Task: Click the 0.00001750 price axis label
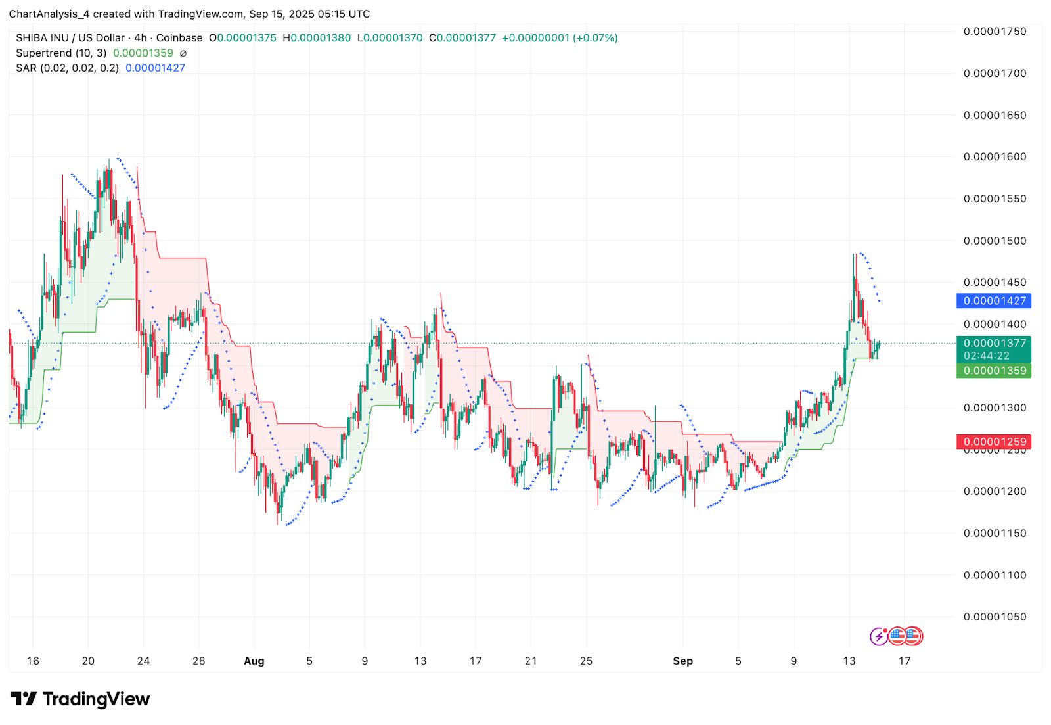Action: pyautogui.click(x=995, y=32)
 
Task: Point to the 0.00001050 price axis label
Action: pyautogui.click(x=995, y=617)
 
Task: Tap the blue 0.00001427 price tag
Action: pyautogui.click(x=994, y=301)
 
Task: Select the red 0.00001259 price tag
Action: pyautogui.click(x=994, y=442)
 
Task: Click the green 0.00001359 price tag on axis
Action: pyautogui.click(x=994, y=371)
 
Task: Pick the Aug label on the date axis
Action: pyautogui.click(x=254, y=661)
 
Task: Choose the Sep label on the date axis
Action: pyautogui.click(x=682, y=661)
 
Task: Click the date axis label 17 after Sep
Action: pyautogui.click(x=904, y=661)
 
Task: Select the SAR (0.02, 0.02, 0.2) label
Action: pyautogui.click(x=67, y=68)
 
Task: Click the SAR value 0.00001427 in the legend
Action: pyautogui.click(x=155, y=68)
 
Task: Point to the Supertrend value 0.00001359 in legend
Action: pyautogui.click(x=143, y=53)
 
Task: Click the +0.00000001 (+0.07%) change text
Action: pyautogui.click(x=560, y=38)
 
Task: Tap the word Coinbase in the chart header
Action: pyautogui.click(x=179, y=38)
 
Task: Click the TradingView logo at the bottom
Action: pyautogui.click(x=80, y=699)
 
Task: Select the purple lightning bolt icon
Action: pyautogui.click(x=879, y=636)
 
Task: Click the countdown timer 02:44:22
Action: pyautogui.click(x=987, y=356)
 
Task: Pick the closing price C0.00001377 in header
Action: pyautogui.click(x=462, y=38)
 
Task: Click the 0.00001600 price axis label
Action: pyautogui.click(x=995, y=157)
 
